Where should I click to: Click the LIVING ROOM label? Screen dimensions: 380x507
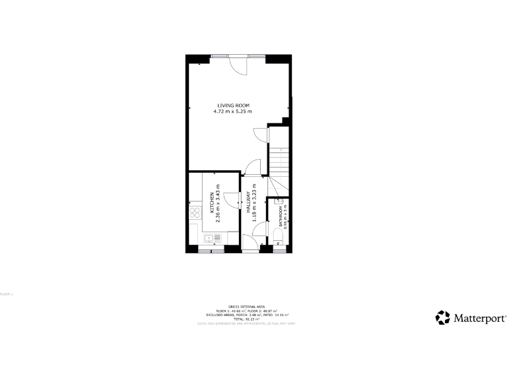click(x=234, y=106)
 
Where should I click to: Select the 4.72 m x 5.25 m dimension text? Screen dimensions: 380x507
click(x=234, y=111)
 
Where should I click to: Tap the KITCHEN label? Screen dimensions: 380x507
click(x=212, y=203)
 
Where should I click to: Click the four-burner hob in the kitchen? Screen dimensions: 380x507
click(x=195, y=213)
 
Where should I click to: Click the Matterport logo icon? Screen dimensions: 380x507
click(x=442, y=317)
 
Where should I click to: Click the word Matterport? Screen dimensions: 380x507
click(x=479, y=318)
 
